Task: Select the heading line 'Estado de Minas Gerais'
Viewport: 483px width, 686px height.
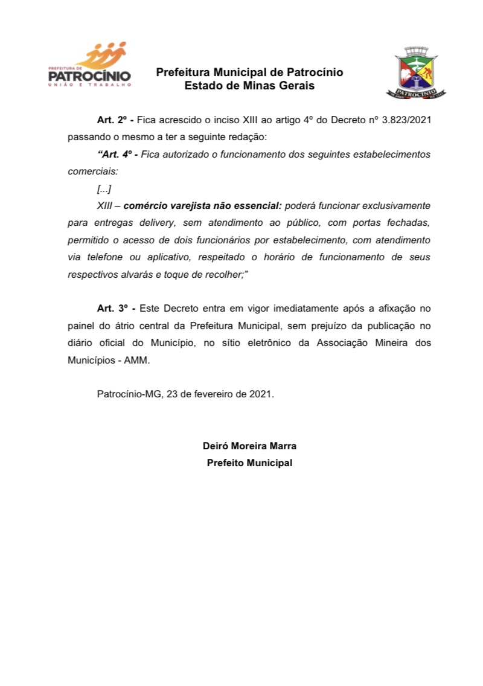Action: tap(249, 86)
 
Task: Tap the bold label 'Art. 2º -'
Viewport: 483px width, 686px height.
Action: tap(115, 120)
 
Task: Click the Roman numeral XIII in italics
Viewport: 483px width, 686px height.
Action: tap(105, 206)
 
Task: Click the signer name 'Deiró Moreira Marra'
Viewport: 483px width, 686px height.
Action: tap(249, 446)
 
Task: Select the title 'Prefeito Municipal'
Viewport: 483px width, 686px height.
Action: tap(249, 463)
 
